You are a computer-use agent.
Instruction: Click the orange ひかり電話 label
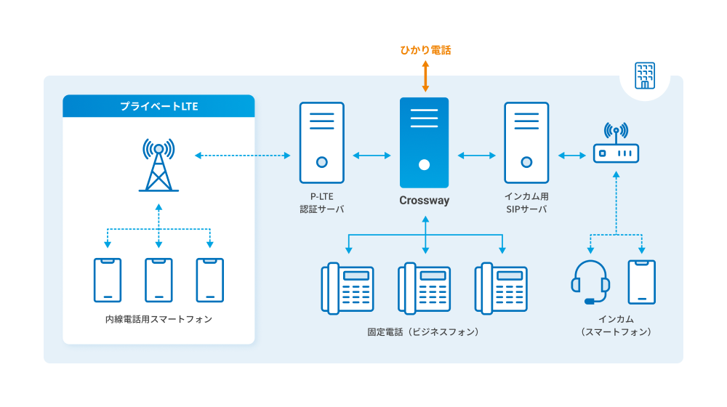pos(425,50)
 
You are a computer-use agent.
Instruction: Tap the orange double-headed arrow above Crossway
pos(425,76)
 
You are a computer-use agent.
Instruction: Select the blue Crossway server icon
pos(425,143)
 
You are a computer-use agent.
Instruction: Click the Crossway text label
pos(425,201)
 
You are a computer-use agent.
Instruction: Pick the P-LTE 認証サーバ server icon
pos(321,142)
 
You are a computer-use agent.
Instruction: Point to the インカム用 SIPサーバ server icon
pos(526,142)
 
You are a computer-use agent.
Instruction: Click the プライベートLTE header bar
pos(158,106)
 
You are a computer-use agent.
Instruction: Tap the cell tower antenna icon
pos(158,165)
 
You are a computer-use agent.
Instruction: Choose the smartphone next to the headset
pos(641,281)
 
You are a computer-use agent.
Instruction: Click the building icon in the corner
pos(644,75)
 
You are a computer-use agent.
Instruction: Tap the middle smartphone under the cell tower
pos(158,280)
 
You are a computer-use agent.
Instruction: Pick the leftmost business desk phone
pos(348,289)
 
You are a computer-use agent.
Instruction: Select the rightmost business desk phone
pos(501,289)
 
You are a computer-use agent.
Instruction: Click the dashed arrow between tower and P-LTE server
pos(243,155)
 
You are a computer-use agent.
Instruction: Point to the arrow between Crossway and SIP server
pos(476,155)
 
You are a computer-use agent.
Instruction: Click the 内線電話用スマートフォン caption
pos(158,319)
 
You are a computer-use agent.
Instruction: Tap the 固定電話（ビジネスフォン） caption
pos(425,331)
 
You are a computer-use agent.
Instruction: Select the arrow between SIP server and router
pos(573,155)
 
